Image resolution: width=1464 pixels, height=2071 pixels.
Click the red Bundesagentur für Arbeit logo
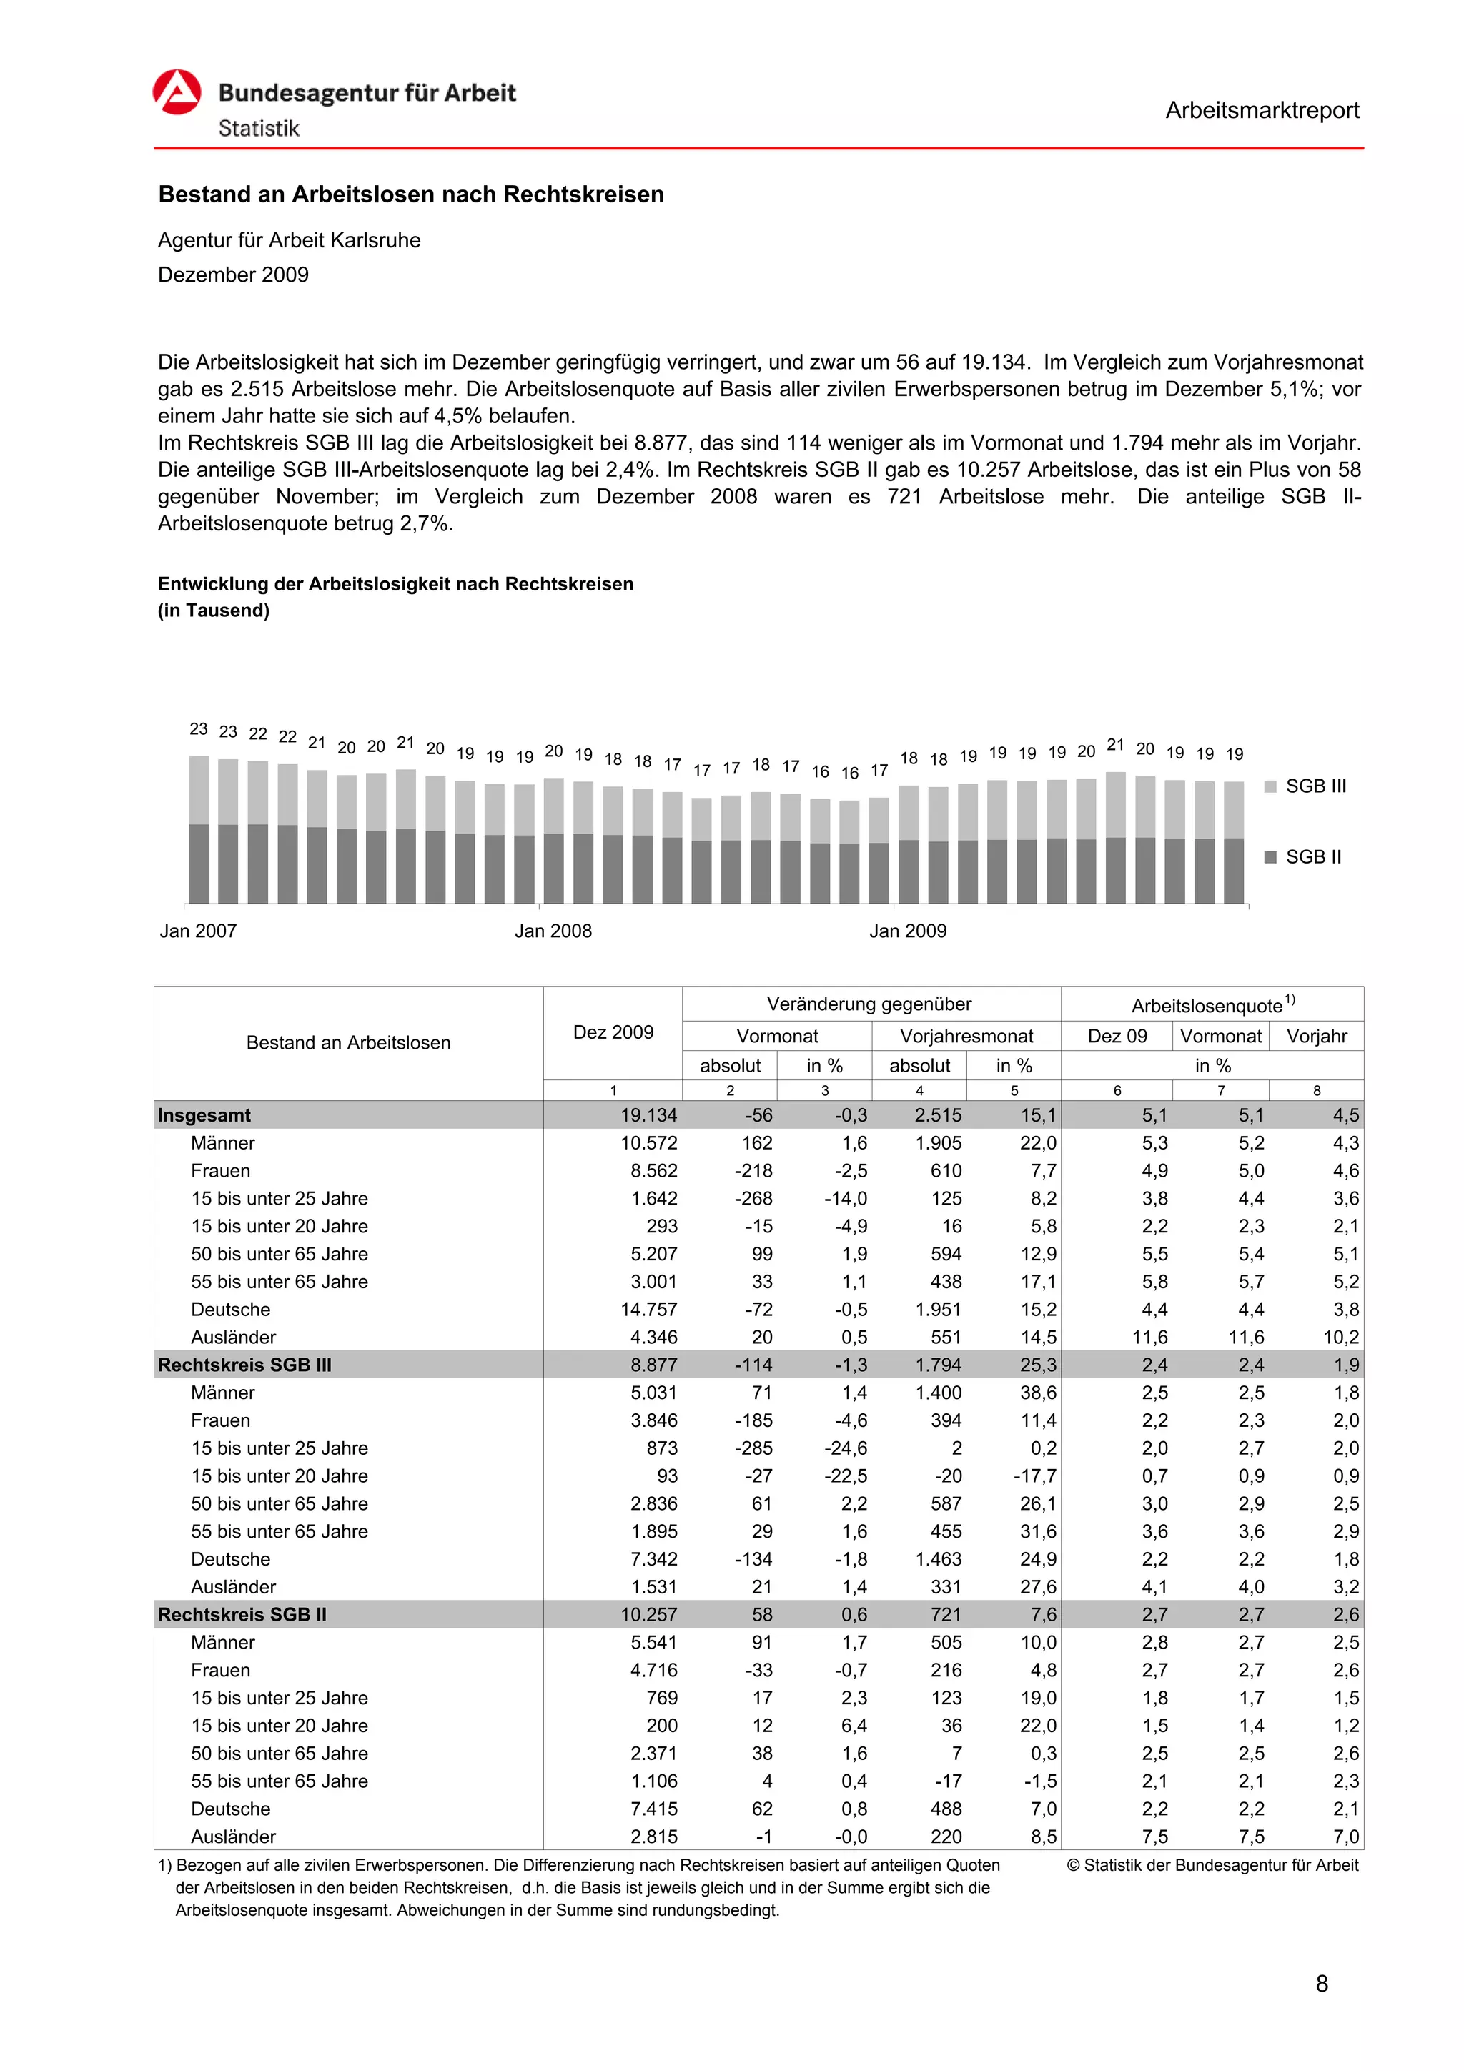click(176, 92)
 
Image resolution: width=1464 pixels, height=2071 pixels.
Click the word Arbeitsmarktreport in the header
click(1261, 110)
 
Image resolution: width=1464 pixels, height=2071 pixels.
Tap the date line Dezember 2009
click(233, 275)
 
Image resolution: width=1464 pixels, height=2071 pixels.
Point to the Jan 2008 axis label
click(553, 931)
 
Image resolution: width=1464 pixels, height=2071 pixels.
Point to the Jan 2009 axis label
click(907, 931)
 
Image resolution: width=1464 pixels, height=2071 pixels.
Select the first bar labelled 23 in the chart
click(199, 829)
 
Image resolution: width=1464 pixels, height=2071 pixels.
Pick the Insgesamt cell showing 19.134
click(648, 1115)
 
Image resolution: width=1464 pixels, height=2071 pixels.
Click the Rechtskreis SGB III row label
click(244, 1365)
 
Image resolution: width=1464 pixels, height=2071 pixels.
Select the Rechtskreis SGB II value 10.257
click(648, 1615)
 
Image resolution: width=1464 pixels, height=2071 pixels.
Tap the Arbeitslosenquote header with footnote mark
click(1212, 1005)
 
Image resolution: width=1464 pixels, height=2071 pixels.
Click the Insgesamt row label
click(204, 1115)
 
